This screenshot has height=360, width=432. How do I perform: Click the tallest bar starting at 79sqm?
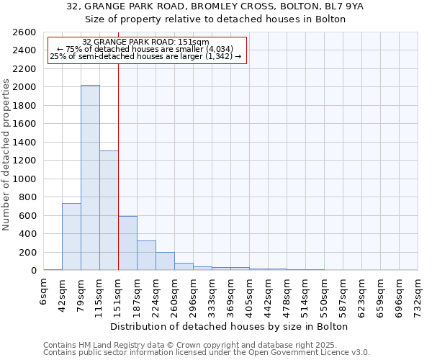90,178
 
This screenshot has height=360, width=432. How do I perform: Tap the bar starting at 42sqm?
71,237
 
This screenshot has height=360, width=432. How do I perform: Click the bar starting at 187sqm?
146,256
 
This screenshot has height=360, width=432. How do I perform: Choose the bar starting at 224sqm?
165,261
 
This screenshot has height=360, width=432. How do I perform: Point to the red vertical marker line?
118,166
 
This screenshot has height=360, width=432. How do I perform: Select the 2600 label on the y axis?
26,32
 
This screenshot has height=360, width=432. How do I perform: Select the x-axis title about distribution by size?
230,326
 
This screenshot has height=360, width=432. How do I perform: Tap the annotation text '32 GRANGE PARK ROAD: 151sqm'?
145,42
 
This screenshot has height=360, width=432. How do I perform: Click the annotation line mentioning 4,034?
145,49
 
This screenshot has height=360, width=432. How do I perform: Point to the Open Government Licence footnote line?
207,353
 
